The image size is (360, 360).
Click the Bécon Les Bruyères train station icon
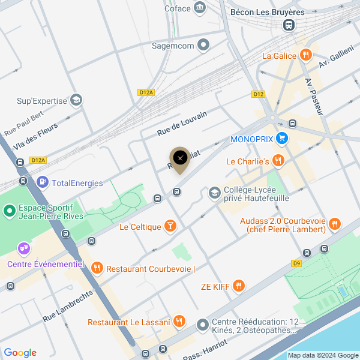(289, 25)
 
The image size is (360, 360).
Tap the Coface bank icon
(200, 8)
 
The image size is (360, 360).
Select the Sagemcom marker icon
(204, 45)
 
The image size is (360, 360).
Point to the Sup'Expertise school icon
(76, 100)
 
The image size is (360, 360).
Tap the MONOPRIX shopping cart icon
(282, 139)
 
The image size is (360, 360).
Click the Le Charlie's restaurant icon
(277, 161)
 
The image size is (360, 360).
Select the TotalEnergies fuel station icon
(43, 182)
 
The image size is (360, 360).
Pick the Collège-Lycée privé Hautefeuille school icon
(214, 193)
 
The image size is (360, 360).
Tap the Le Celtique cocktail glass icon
(171, 226)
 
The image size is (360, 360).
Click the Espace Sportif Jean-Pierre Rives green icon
(10, 211)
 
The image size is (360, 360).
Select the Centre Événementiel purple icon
(23, 247)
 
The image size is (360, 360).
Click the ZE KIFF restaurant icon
(239, 286)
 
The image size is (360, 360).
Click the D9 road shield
(296, 262)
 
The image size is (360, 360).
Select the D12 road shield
(259, 94)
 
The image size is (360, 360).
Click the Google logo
(20, 353)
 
